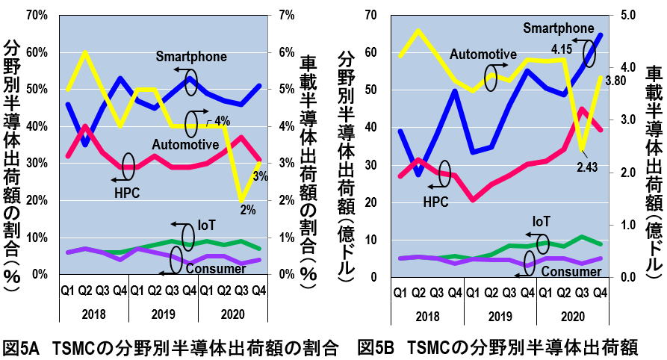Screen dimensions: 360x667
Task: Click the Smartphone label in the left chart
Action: click(191, 57)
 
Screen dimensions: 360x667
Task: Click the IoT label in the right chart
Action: click(542, 221)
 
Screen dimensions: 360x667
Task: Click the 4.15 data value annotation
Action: click(562, 48)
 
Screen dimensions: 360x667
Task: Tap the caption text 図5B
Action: click(375, 347)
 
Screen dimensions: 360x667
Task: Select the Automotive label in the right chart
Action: click(483, 54)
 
